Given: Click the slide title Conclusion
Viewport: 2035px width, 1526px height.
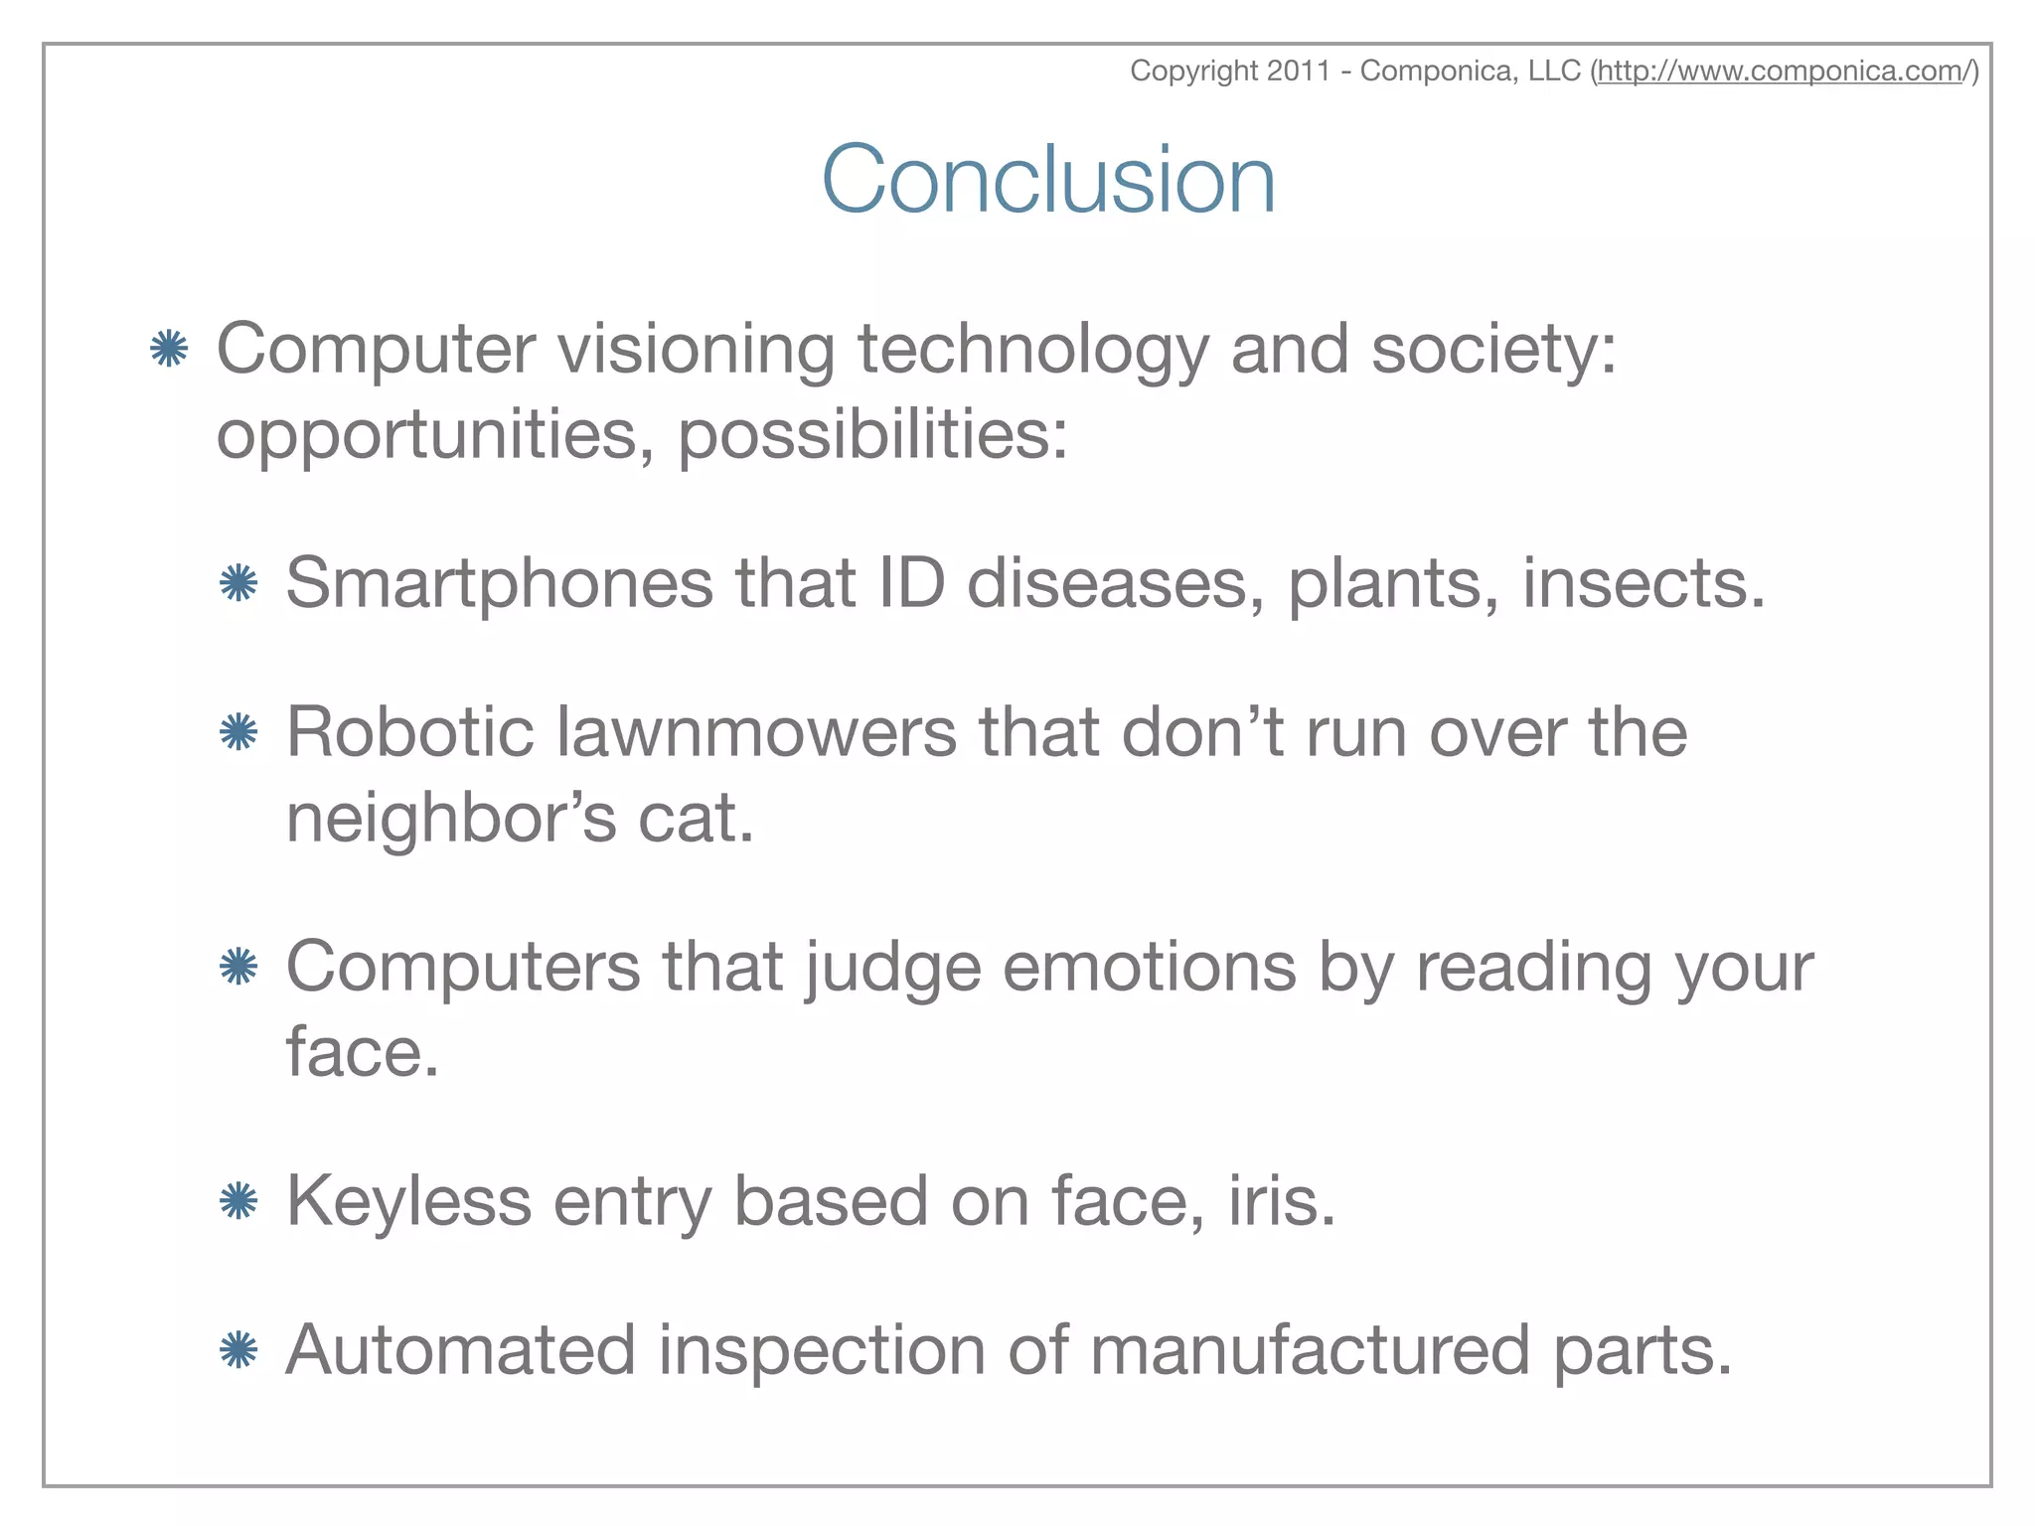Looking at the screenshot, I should pyautogui.click(x=1048, y=179).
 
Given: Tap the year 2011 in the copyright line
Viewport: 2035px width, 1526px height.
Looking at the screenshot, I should pyautogui.click(x=1299, y=72).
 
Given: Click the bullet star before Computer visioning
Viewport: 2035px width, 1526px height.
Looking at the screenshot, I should pyautogui.click(x=169, y=349).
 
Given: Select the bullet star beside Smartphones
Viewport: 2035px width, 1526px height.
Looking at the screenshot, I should pyautogui.click(x=238, y=583).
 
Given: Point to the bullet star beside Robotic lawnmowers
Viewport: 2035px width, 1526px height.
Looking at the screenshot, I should pyautogui.click(x=238, y=733).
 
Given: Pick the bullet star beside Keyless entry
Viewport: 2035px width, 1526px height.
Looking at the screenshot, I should pyautogui.click(x=238, y=1202).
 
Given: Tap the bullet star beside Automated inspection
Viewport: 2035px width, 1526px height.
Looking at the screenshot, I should pyautogui.click(x=238, y=1350).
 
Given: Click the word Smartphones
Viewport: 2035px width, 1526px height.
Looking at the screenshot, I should pyautogui.click(x=499, y=583).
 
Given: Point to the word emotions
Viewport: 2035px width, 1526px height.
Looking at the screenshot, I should pyautogui.click(x=1149, y=968).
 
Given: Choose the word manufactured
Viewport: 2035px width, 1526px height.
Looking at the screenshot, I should pyautogui.click(x=1309, y=1350).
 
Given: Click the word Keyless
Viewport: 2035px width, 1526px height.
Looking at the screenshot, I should pyautogui.click(x=408, y=1201).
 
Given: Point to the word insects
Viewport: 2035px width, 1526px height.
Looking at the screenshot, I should pyautogui.click(x=1643, y=583).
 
